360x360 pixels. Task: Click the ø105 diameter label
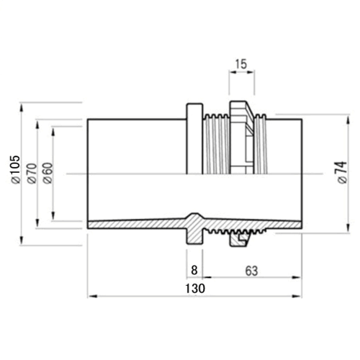coord(16,169)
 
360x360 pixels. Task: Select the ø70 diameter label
coord(32,174)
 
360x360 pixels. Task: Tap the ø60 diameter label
coord(48,173)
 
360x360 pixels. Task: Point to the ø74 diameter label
coord(343,173)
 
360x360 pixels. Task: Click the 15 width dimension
coord(241,64)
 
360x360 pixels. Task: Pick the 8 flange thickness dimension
coord(194,270)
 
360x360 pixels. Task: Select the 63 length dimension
coord(251,271)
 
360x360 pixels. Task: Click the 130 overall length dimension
coord(195,288)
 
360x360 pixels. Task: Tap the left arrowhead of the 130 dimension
coord(92,297)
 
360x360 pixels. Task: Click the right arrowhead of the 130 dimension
coord(297,297)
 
